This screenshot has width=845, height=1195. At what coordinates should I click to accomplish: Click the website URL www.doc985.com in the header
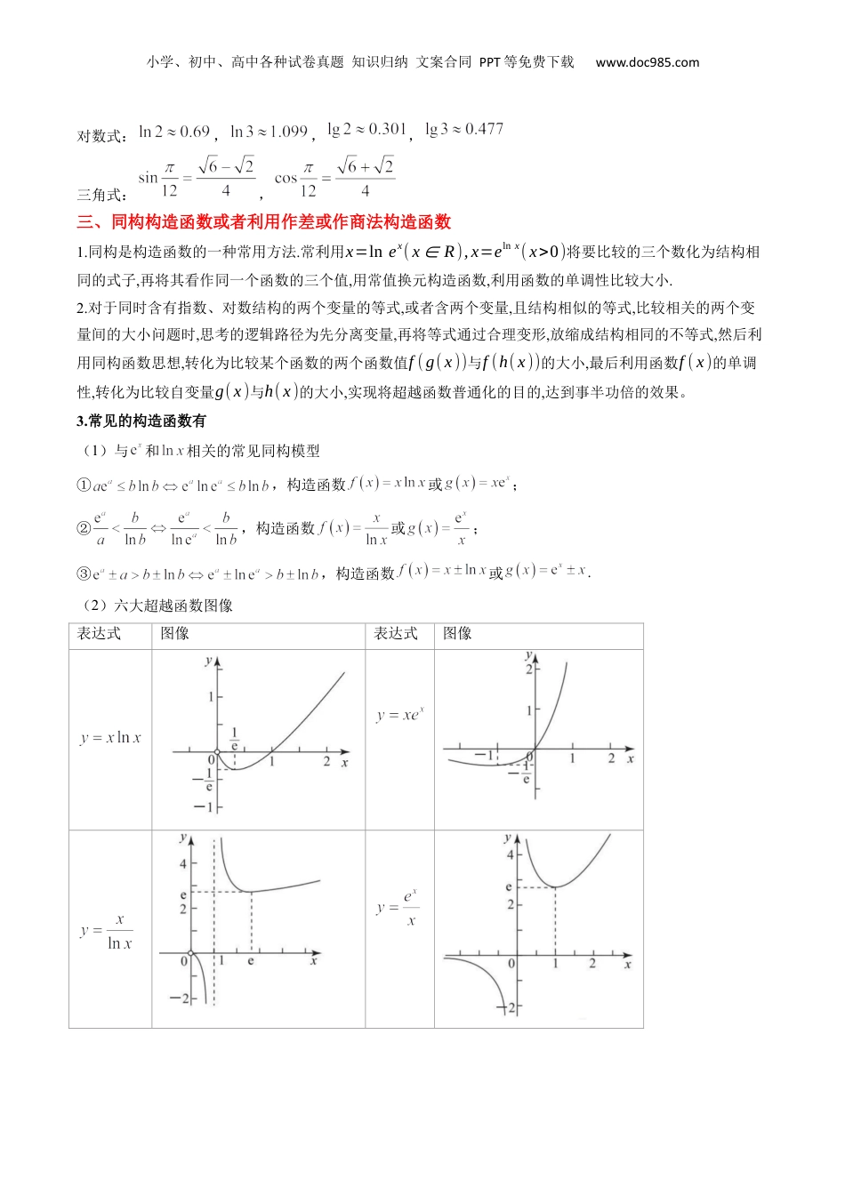point(647,62)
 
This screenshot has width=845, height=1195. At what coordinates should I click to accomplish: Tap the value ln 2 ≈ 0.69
point(174,132)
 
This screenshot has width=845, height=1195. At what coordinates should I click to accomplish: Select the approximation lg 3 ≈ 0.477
point(464,130)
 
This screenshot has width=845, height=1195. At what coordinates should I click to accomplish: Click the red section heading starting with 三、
point(264,222)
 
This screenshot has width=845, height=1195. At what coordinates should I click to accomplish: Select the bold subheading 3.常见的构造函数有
point(141,421)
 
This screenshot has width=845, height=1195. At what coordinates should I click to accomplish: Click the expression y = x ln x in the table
point(110,738)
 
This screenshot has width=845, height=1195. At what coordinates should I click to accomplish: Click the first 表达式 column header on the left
point(99,634)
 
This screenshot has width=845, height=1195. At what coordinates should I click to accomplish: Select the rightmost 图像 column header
point(457,634)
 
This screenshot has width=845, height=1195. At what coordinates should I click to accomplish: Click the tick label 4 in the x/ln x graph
point(183,863)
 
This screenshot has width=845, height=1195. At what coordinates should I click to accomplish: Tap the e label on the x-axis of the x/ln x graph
point(251,961)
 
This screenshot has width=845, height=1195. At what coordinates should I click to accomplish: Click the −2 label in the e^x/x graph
point(509,1008)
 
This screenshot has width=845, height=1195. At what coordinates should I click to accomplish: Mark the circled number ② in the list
point(84,529)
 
